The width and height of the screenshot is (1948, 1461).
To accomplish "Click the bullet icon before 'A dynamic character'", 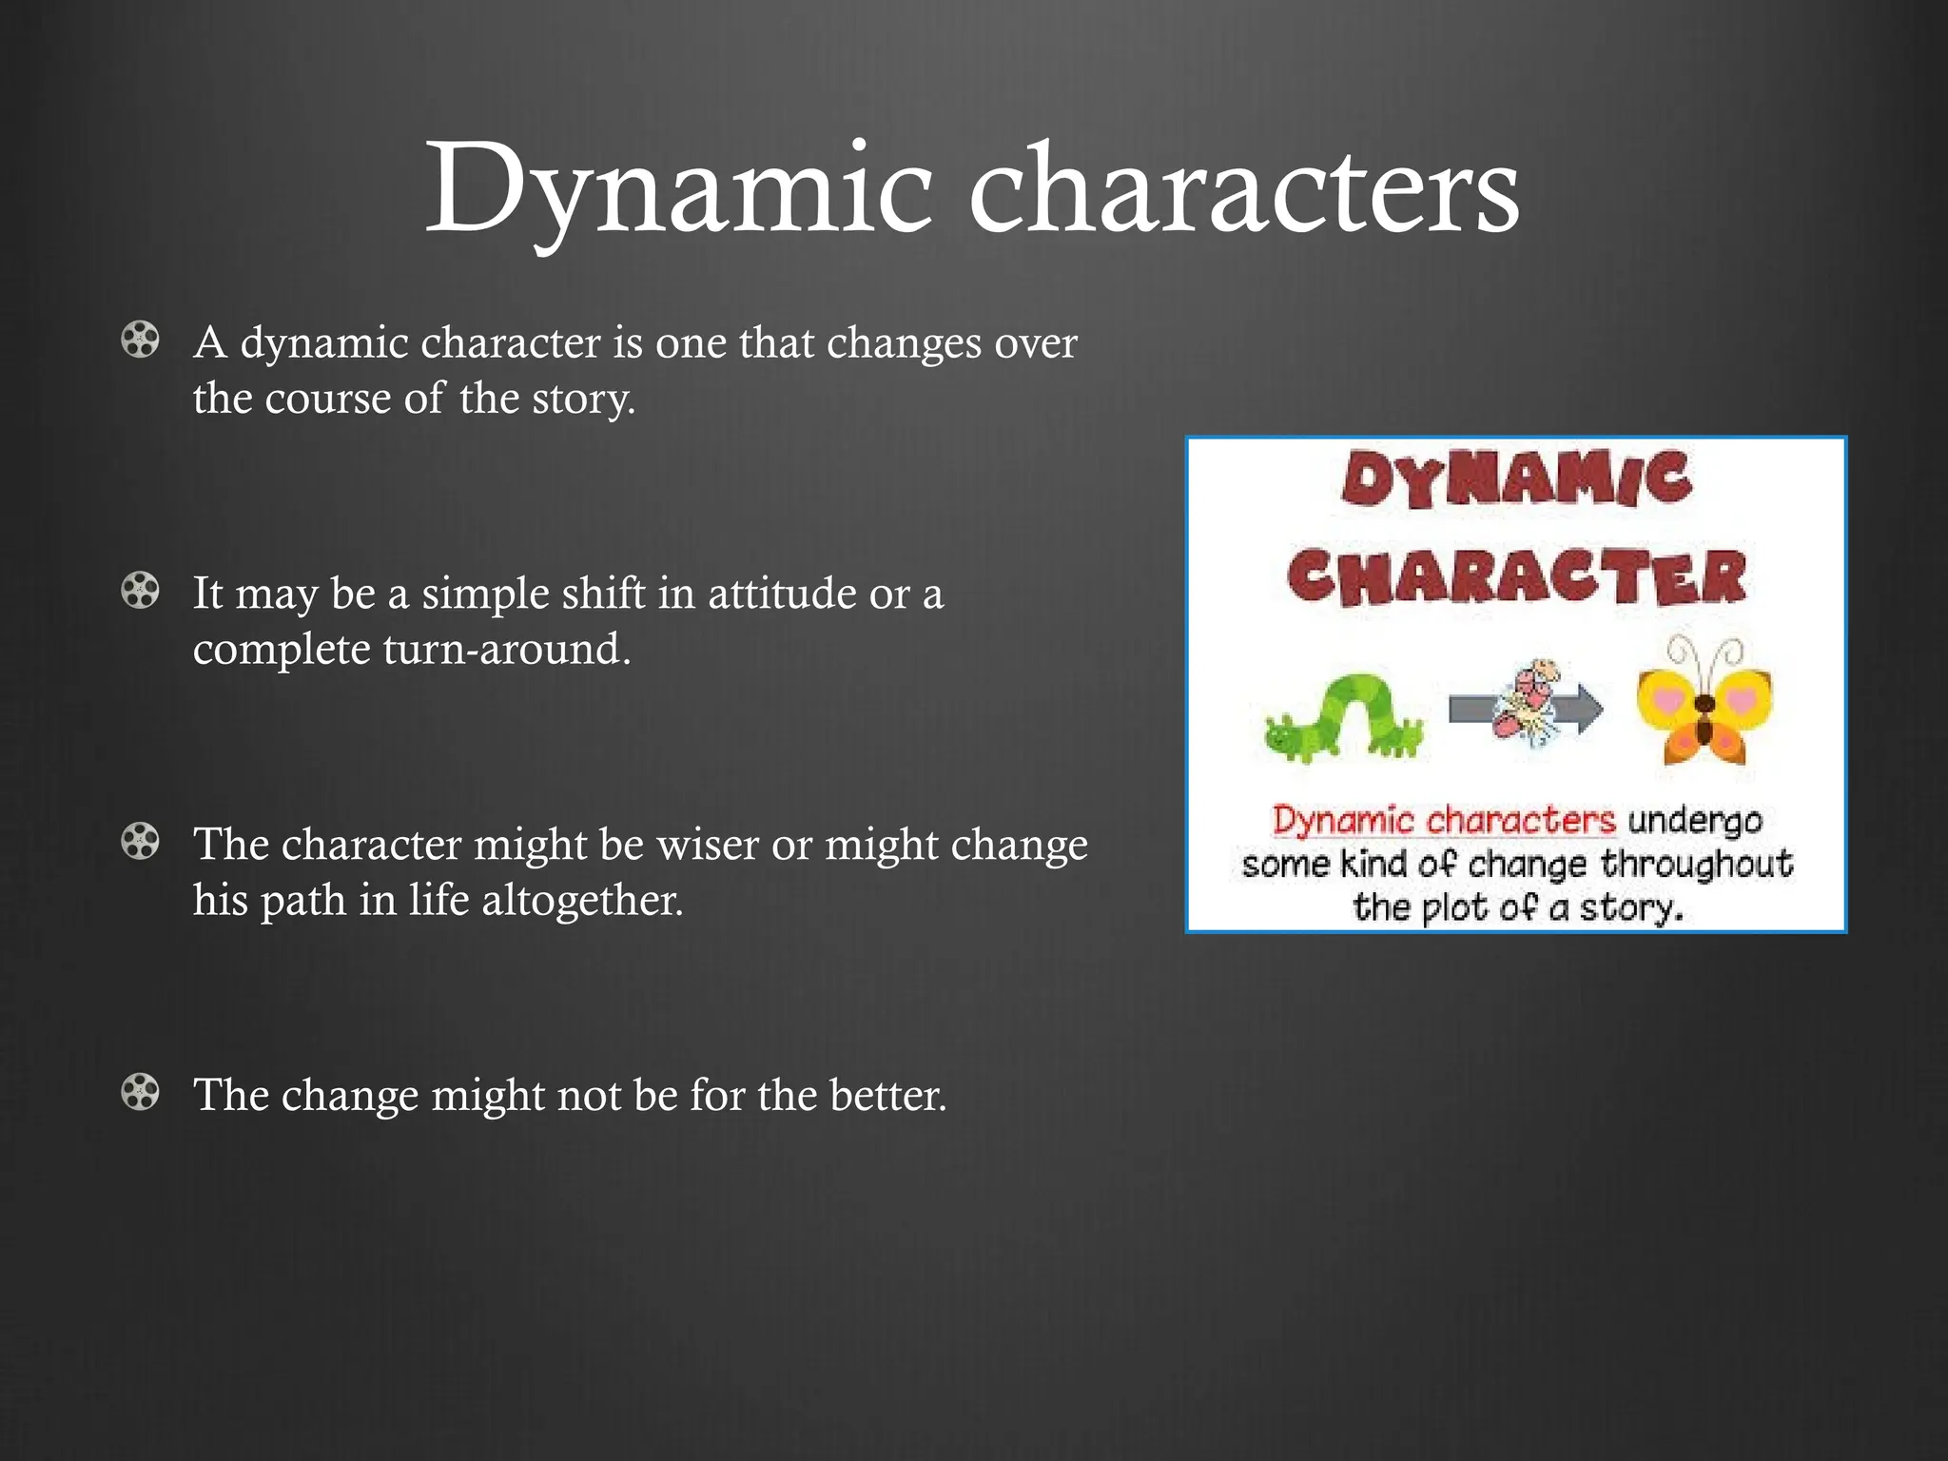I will [141, 340].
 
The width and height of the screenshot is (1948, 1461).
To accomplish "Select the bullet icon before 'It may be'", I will [141, 591].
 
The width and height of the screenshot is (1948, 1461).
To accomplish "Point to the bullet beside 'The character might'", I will [141, 842].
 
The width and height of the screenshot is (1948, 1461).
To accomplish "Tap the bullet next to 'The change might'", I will [141, 1093].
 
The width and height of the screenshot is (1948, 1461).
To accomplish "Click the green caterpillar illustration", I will [1343, 718].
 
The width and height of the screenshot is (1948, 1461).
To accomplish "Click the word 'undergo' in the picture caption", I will [1695, 820].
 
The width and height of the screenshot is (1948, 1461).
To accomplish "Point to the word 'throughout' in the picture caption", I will [1697, 865].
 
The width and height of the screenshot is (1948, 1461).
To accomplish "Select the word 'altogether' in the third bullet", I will [581, 900].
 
